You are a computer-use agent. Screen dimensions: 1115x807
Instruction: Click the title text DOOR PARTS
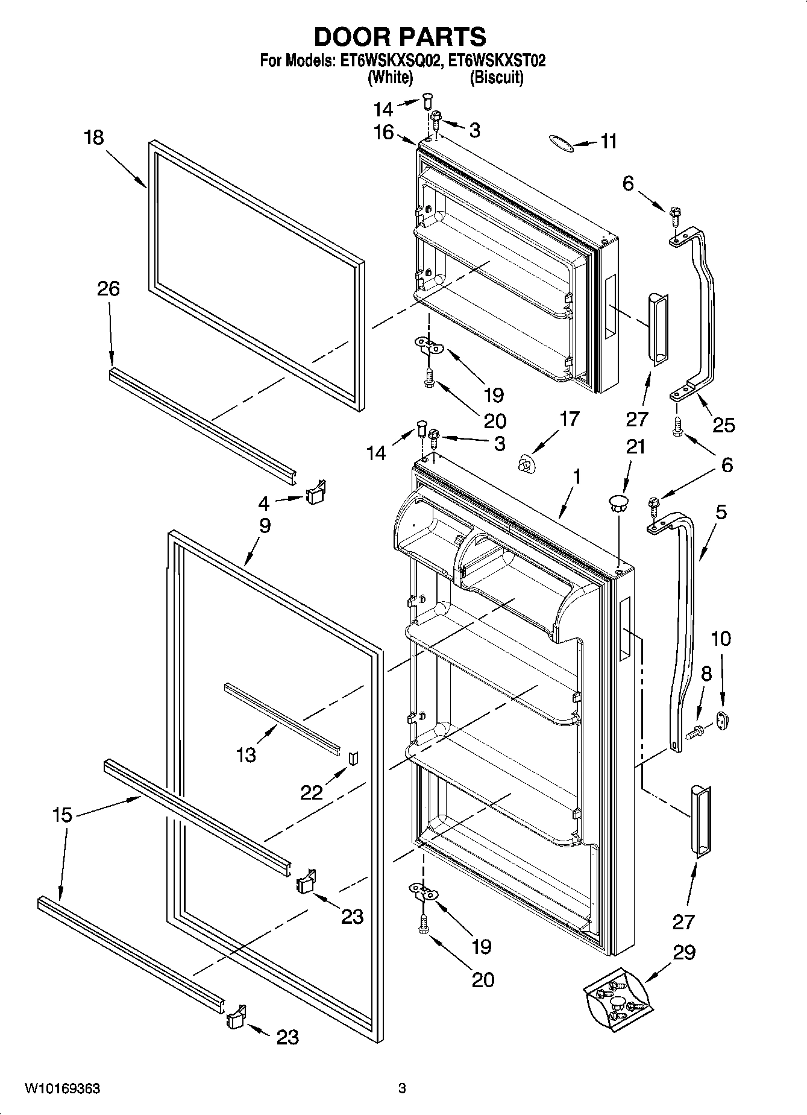click(400, 37)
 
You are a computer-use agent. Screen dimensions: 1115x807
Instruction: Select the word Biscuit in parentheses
click(497, 78)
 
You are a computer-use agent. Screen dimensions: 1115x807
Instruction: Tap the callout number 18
click(94, 137)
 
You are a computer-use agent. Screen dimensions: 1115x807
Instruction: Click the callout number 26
click(108, 289)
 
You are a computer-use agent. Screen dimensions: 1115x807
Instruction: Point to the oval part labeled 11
click(560, 141)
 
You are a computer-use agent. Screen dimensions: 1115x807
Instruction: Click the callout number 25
click(723, 425)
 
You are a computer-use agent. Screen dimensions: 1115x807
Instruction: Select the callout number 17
click(569, 419)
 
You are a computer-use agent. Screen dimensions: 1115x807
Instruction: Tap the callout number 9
click(265, 525)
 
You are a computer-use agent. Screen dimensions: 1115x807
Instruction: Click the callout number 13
click(246, 754)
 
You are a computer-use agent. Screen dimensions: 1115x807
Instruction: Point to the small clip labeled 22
click(354, 757)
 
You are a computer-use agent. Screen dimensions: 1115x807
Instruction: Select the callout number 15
click(62, 815)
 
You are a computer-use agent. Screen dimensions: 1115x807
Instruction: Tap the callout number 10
click(721, 638)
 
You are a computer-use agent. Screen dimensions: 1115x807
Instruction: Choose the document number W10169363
click(62, 1088)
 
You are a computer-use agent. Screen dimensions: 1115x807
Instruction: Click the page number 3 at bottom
click(402, 1088)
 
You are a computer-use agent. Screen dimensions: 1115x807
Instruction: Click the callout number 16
click(383, 132)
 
